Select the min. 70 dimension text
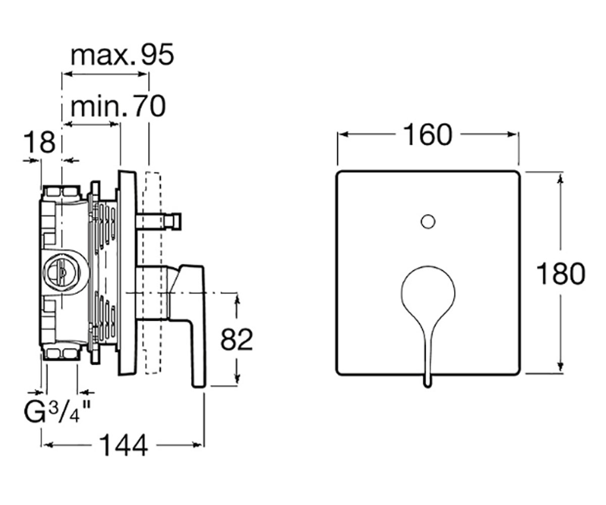click(x=118, y=107)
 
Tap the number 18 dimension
click(x=39, y=142)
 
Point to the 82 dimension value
click(x=236, y=339)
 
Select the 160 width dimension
click(x=428, y=135)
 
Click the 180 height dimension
click(x=561, y=274)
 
